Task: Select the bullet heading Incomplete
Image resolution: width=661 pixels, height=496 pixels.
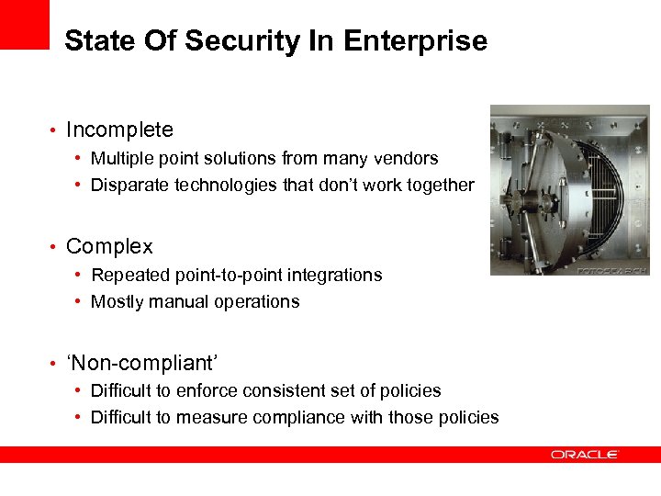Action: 119,130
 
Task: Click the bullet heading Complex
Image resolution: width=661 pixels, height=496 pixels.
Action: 109,246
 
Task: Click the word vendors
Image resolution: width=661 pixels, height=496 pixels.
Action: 408,158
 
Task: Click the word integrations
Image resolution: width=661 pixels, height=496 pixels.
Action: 338,275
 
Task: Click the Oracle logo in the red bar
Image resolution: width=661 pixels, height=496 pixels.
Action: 585,455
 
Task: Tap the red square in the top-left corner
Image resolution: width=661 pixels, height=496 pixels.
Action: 24,24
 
